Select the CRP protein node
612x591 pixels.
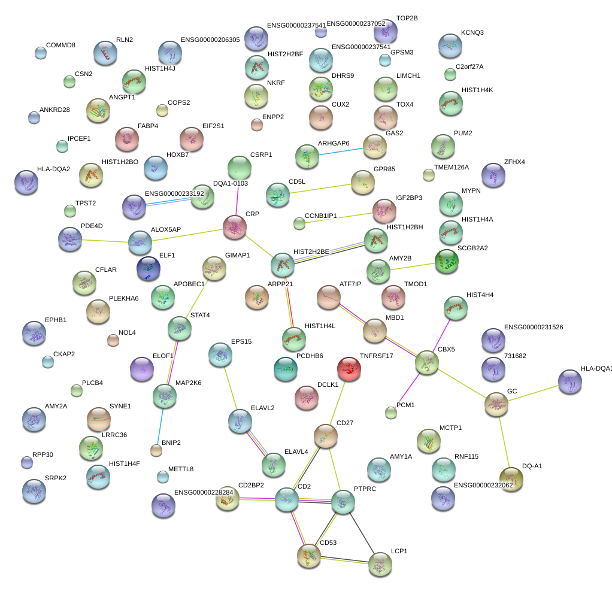pos(235,226)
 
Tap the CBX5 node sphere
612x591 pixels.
pos(427,363)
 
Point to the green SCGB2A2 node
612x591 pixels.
pos(446,261)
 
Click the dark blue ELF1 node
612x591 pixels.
pos(148,268)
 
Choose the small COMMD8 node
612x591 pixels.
pos(41,53)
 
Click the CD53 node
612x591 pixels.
pos(309,556)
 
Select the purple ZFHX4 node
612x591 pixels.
pos(493,175)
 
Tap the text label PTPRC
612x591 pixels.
pos(365,489)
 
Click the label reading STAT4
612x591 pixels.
pos(199,315)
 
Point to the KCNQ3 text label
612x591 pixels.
pos(472,32)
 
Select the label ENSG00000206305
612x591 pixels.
pos(210,40)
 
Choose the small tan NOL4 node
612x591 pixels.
pos(113,341)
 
